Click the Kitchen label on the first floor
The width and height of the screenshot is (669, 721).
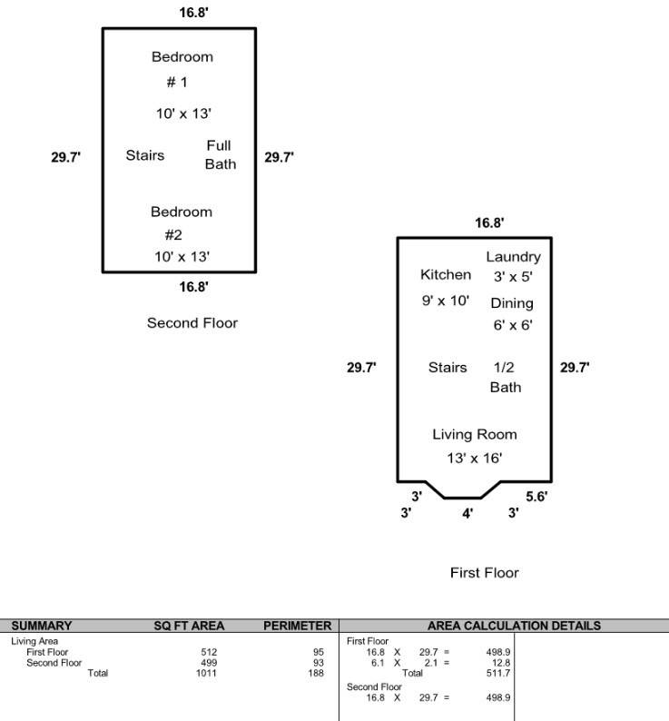pos(446,274)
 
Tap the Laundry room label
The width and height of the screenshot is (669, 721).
pos(513,257)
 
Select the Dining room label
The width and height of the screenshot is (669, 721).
pos(512,303)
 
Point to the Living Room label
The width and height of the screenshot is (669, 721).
pos(475,435)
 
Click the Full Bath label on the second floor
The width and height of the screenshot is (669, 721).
pos(221,155)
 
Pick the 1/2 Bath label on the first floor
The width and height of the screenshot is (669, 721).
pos(506,377)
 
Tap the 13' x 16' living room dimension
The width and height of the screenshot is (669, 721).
pos(474,458)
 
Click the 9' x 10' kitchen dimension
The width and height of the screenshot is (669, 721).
pos(446,301)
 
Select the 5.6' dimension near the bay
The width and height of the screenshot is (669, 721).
pos(536,497)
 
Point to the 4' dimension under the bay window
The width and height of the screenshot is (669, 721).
pos(467,513)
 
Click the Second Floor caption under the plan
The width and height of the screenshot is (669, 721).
pos(192,322)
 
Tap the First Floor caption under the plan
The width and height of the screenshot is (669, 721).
pos(484,572)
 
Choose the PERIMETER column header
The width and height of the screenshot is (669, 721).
pos(297,626)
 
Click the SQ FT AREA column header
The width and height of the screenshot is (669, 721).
pos(189,626)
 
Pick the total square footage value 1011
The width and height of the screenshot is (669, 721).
pos(206,673)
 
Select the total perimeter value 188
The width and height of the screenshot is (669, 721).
pos(316,673)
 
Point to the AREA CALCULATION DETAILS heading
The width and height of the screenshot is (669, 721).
pos(514,626)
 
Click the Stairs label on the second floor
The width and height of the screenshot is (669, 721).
pos(145,155)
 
